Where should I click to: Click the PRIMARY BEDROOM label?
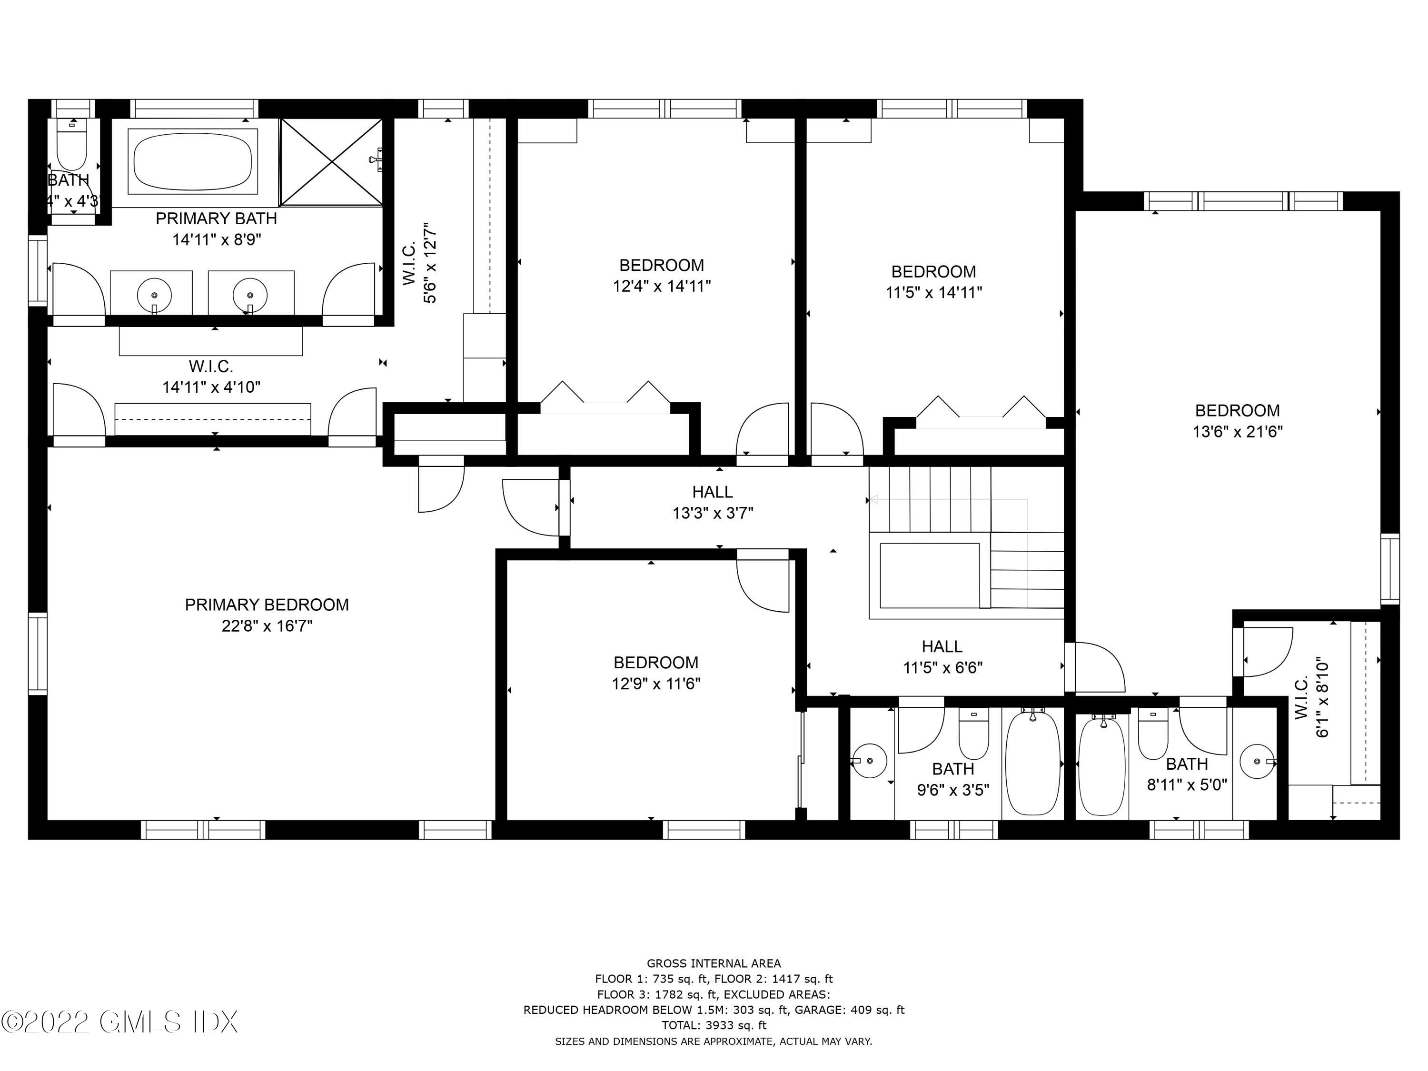[267, 605]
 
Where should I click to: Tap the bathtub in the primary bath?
[192, 161]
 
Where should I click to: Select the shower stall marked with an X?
[331, 161]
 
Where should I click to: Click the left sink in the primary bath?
[154, 294]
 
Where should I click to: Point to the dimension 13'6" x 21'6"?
[1237, 432]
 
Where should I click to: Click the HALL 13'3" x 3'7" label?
[712, 502]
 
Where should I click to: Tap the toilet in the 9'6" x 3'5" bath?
[973, 735]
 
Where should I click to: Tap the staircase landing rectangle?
[928, 575]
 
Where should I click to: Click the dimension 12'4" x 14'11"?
[662, 286]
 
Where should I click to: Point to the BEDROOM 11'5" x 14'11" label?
[933, 281]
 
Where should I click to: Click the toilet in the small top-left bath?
[72, 149]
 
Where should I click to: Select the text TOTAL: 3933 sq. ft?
[714, 1024]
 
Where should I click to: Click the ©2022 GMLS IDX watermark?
[119, 1022]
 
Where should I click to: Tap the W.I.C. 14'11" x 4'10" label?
[211, 377]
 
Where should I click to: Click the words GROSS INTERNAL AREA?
[714, 963]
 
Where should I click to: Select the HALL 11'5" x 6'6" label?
[942, 656]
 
